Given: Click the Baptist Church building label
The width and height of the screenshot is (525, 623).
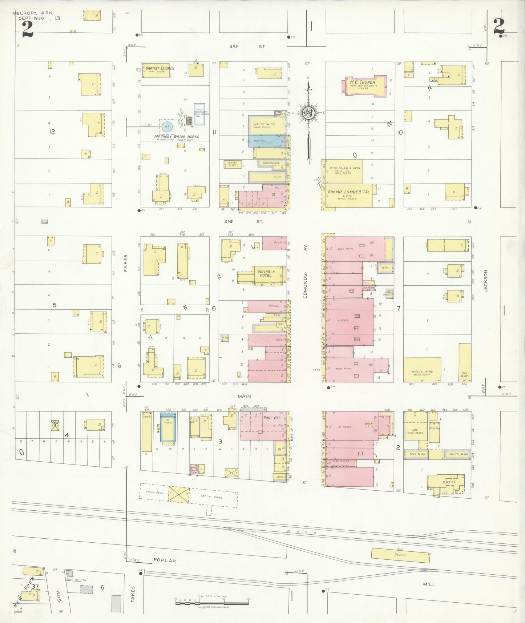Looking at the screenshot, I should (160, 68).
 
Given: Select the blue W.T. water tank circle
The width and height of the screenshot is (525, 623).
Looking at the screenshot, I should (167, 126).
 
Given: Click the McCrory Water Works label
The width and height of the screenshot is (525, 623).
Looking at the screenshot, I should (177, 137).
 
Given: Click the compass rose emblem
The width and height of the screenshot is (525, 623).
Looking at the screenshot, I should (309, 113).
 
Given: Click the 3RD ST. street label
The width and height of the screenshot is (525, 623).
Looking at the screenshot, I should (247, 47).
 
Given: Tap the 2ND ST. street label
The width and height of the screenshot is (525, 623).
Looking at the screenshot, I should (243, 221).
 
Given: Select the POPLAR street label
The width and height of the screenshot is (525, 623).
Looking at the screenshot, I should (164, 560).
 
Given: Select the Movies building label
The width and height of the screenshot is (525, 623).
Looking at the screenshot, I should (273, 306).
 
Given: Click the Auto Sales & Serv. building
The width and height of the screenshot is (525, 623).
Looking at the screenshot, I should (343, 171).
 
